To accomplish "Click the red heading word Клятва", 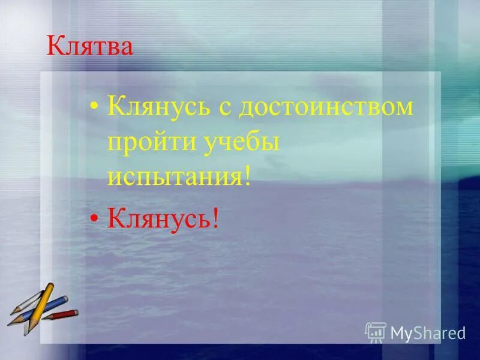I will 90,47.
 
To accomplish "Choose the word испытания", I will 173,178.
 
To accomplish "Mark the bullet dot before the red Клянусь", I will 94,221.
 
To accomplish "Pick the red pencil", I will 60,316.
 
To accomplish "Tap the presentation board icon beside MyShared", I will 376,332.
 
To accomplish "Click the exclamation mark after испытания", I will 245,178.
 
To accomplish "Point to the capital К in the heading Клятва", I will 55,47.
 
